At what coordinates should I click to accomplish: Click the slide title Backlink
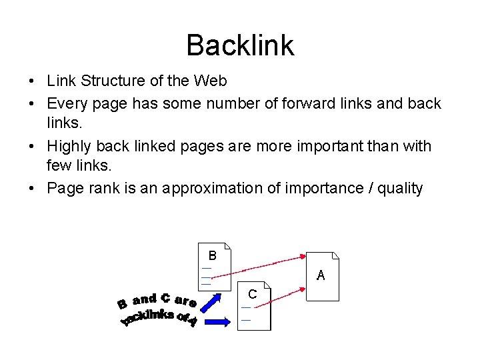point(240,45)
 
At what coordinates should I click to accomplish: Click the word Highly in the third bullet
point(71,146)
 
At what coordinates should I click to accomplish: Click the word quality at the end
point(400,189)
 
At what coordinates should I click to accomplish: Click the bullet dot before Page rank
point(32,189)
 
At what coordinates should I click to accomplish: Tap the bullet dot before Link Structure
point(32,82)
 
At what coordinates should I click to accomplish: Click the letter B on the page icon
point(212,255)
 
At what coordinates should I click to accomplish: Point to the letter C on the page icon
point(252,294)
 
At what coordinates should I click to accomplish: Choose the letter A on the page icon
point(321,275)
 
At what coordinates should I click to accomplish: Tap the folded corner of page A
point(335,257)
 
